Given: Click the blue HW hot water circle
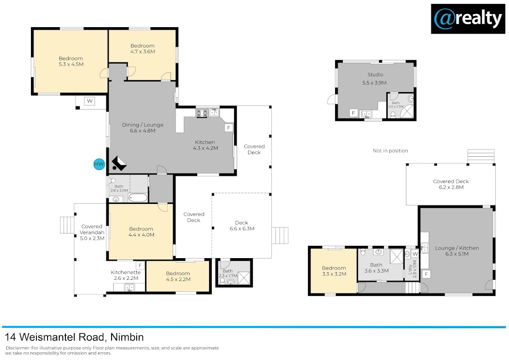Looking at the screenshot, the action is click(x=99, y=164).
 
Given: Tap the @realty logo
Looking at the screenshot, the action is click(x=468, y=19).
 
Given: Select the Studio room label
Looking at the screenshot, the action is click(x=375, y=74).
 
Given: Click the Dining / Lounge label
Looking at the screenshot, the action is click(x=143, y=125).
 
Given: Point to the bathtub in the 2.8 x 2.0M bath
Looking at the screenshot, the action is click(x=138, y=197).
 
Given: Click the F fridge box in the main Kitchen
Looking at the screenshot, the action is click(x=229, y=128).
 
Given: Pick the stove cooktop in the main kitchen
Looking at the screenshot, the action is click(x=202, y=113).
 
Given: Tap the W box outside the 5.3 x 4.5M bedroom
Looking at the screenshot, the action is click(x=89, y=101).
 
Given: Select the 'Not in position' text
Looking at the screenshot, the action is click(x=390, y=151).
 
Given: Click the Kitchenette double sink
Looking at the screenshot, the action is click(x=129, y=287).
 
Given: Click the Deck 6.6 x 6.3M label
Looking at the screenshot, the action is click(x=242, y=225).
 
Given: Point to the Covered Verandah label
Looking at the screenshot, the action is click(x=92, y=232).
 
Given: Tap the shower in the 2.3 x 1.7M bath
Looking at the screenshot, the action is click(x=244, y=278).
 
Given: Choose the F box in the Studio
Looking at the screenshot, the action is click(x=353, y=113).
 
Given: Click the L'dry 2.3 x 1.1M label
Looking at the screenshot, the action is click(x=412, y=269).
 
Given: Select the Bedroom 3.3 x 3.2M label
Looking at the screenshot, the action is click(x=334, y=271).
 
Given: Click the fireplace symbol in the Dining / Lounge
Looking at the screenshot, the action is click(x=119, y=163).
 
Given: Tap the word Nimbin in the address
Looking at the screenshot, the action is click(x=127, y=337).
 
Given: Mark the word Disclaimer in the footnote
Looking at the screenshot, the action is click(x=18, y=348).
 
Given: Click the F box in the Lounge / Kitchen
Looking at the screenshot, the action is click(x=426, y=274).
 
